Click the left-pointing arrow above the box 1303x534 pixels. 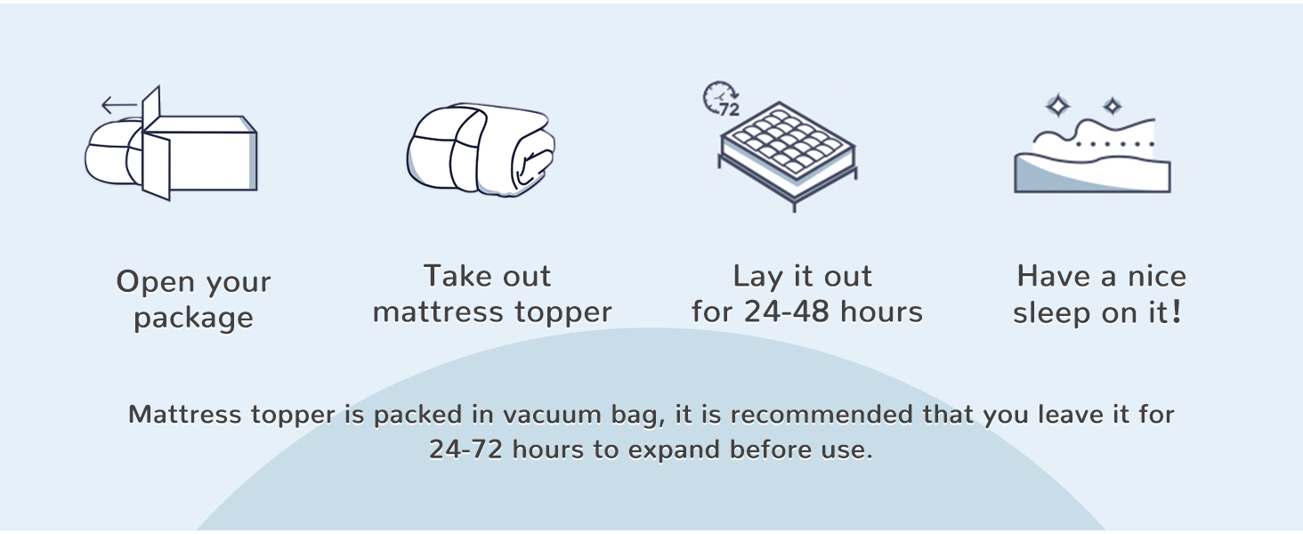(x=119, y=105)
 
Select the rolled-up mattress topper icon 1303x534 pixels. (x=481, y=150)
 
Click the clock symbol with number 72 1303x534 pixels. (x=721, y=99)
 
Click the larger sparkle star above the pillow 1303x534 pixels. (x=1058, y=106)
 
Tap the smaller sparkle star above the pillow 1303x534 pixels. (x=1113, y=106)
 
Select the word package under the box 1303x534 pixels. (x=194, y=319)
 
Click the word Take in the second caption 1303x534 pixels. (x=458, y=276)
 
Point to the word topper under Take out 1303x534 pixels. (x=563, y=313)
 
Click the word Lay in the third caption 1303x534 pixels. (x=759, y=277)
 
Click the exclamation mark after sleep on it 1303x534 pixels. (x=1177, y=311)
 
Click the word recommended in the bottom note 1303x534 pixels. (x=821, y=415)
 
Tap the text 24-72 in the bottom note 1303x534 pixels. (x=466, y=449)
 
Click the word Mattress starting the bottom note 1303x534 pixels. (x=184, y=415)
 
